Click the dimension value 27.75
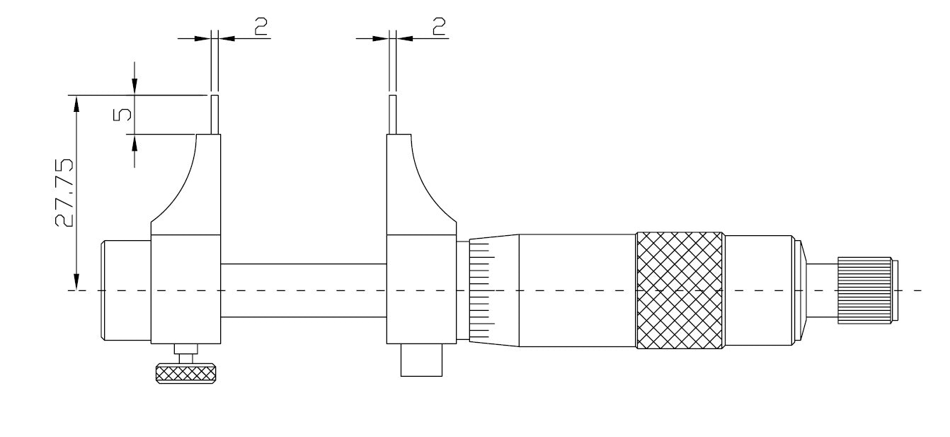64,193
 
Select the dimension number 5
122,115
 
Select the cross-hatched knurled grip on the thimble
680,290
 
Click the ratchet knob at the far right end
864,291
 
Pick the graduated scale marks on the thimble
479,290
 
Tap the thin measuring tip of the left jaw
214,115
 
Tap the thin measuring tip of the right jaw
393,115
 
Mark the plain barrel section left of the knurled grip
577,290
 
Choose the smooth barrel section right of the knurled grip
761,290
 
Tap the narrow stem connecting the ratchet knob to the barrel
821,291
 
